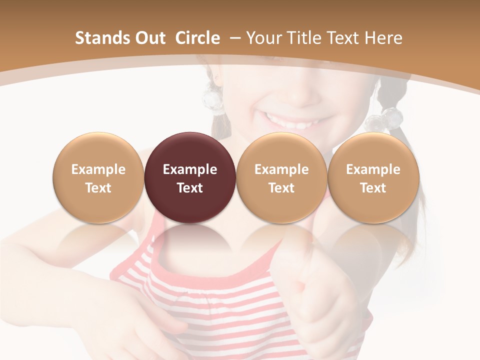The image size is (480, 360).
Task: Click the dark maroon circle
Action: tap(190, 177)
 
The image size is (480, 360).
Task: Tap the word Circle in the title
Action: tap(197, 38)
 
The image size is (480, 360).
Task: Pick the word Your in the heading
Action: tap(263, 38)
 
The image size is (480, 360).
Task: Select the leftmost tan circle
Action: tap(98, 177)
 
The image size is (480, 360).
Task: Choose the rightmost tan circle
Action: tap(373, 177)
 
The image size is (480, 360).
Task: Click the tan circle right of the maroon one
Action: tap(281, 177)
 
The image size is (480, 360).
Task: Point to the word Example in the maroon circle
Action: tap(190, 169)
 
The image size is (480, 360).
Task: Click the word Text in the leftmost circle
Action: tap(98, 188)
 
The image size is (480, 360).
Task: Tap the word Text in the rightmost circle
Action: tap(373, 188)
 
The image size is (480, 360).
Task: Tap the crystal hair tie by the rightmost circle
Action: tap(385, 120)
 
